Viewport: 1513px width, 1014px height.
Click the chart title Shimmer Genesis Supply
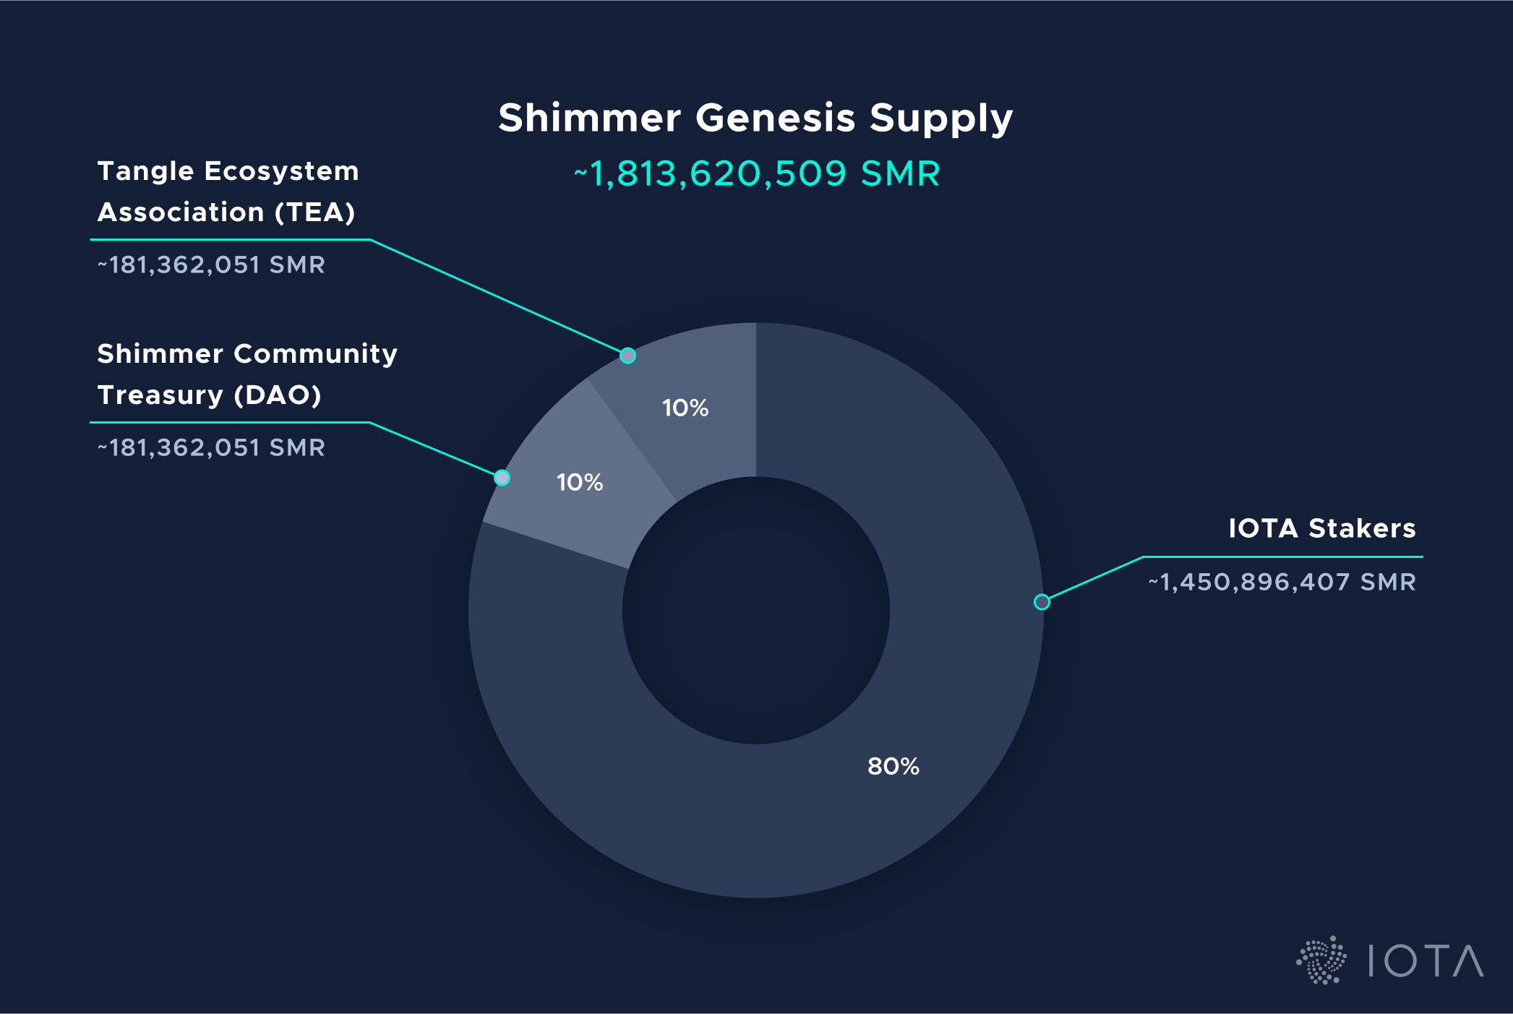click(x=755, y=118)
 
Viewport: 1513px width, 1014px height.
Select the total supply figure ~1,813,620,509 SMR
click(x=757, y=174)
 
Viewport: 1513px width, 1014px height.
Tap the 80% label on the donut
click(x=893, y=766)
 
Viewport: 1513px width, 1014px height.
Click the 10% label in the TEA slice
click(x=685, y=408)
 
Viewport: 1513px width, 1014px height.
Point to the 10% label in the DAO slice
click(x=580, y=483)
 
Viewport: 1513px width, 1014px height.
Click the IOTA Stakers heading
click(x=1321, y=528)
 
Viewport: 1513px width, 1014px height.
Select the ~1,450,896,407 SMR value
click(x=1282, y=582)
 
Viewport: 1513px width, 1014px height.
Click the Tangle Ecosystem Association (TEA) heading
click(x=228, y=192)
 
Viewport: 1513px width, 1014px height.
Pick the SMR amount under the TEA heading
click(x=211, y=265)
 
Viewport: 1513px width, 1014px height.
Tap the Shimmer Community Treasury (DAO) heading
click(x=247, y=374)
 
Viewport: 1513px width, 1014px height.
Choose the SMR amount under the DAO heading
click(x=211, y=448)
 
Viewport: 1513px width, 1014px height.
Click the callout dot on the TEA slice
click(x=628, y=356)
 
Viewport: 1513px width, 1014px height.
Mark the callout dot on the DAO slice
click(x=502, y=478)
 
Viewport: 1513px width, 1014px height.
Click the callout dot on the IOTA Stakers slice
click(x=1042, y=602)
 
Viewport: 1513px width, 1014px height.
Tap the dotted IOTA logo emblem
click(x=1321, y=961)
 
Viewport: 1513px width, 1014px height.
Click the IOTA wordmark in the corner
click(x=1426, y=961)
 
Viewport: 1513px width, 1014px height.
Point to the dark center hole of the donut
click(x=756, y=610)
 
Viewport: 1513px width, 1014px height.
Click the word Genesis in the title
click(x=776, y=118)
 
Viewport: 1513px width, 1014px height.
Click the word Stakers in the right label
click(x=1362, y=528)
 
